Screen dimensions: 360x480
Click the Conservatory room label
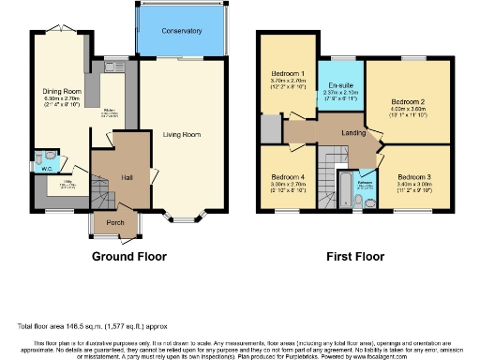pyautogui.click(x=181, y=31)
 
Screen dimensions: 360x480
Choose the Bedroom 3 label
pyautogui.click(x=413, y=177)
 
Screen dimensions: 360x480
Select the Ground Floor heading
pyautogui.click(x=128, y=256)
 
